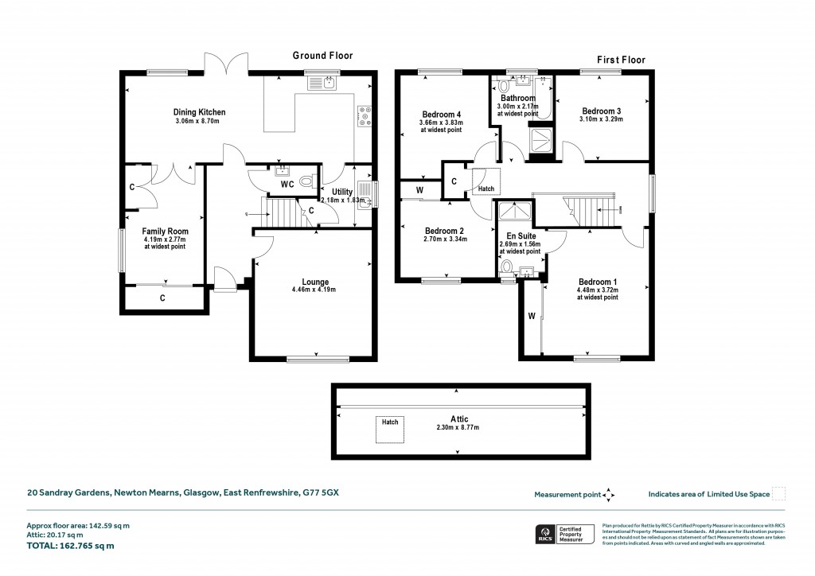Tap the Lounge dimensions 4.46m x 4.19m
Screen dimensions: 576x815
(x=315, y=290)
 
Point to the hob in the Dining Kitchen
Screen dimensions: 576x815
(x=365, y=117)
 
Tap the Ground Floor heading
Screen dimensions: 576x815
(x=322, y=56)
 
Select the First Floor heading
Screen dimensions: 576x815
(x=621, y=60)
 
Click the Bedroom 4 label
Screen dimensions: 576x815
(x=441, y=115)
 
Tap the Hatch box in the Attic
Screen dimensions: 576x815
(x=389, y=429)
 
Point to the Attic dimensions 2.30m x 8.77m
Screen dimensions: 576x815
(x=457, y=428)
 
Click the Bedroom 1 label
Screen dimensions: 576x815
(x=598, y=282)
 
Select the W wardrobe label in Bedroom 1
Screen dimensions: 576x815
(x=531, y=316)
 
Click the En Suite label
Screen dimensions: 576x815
(x=521, y=236)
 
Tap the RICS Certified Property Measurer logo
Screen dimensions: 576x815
(x=563, y=535)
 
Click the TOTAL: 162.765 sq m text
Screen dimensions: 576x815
(x=70, y=546)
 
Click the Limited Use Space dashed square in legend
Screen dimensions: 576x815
(x=779, y=494)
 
